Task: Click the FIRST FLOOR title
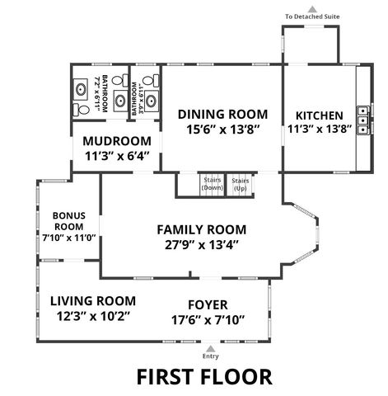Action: click(203, 377)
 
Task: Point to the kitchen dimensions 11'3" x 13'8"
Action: click(319, 129)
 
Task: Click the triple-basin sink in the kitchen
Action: click(361, 119)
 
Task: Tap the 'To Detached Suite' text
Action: click(312, 16)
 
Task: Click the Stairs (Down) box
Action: click(213, 184)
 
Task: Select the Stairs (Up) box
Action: click(241, 184)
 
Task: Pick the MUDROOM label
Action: click(117, 140)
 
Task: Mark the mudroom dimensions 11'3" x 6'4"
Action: click(117, 155)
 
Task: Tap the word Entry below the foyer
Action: click(212, 356)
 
